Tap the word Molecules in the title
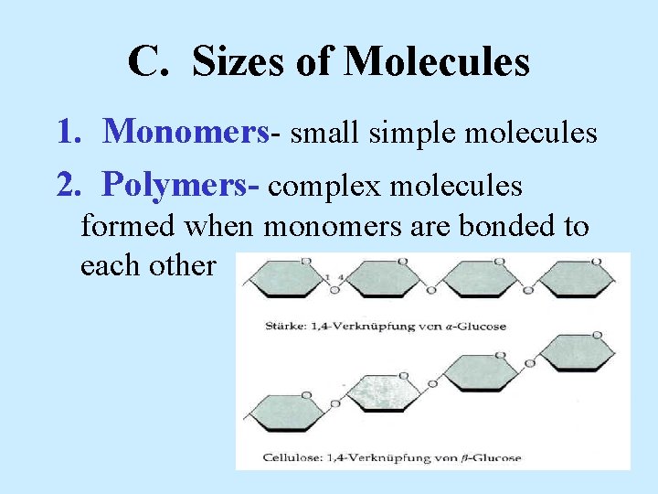tap(436, 62)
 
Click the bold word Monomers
tap(186, 134)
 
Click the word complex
tap(324, 187)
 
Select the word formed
tap(124, 225)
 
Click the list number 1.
tap(67, 134)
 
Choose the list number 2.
tap(67, 186)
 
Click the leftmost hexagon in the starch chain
tap(286, 278)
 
